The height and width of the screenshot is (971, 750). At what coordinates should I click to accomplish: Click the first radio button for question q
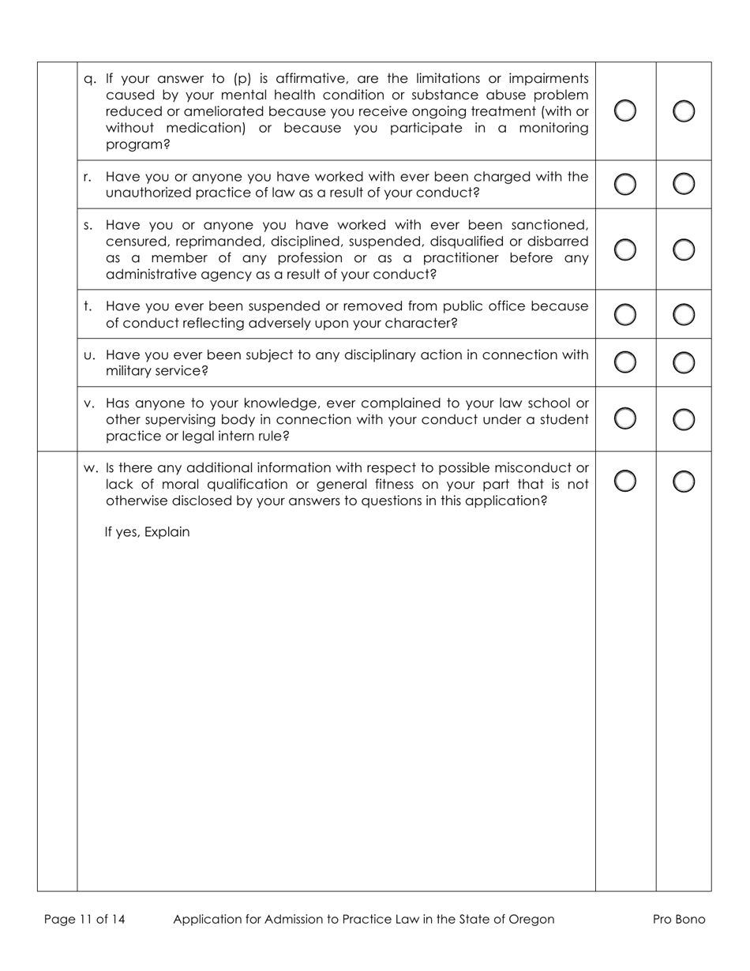624,111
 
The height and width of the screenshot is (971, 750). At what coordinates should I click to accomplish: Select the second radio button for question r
684,184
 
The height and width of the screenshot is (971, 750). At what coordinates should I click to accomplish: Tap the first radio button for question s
624,249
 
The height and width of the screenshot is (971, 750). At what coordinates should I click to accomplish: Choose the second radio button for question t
684,314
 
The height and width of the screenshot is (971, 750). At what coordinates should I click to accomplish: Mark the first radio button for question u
624,362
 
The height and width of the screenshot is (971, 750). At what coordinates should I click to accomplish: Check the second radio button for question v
684,418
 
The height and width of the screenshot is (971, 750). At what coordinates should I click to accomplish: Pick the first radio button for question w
624,480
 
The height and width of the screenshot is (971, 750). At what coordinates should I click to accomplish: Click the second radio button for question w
684,480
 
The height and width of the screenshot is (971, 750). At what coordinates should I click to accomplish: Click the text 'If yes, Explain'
147,532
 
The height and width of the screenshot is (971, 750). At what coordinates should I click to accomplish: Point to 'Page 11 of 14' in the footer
84,919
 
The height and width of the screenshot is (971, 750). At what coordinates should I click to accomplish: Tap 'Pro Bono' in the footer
679,919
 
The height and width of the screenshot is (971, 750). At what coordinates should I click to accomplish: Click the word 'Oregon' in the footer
531,919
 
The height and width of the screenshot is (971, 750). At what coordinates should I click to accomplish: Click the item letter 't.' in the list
88,306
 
